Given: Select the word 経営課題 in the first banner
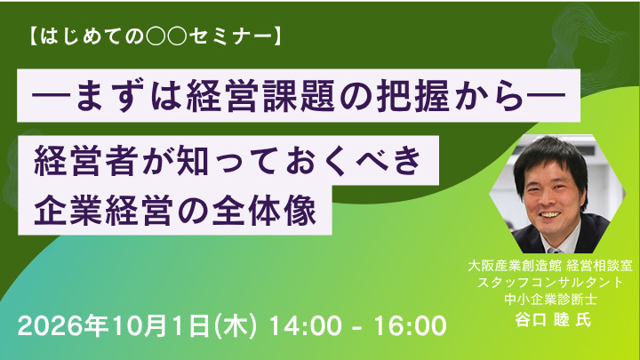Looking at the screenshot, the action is click(x=261, y=96).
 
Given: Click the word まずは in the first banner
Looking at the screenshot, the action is click(x=125, y=96).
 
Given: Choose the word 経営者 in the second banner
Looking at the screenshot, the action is click(x=84, y=160).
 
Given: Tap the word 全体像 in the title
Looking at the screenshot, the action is click(x=265, y=211).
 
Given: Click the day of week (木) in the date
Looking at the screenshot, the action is click(x=236, y=326).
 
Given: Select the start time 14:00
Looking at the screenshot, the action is click(x=306, y=326).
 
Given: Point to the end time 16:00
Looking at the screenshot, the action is click(x=411, y=326).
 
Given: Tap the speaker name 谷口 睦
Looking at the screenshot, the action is click(x=542, y=320).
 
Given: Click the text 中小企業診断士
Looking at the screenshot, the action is click(x=550, y=300).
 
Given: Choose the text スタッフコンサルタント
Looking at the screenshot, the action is click(x=550, y=283).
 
